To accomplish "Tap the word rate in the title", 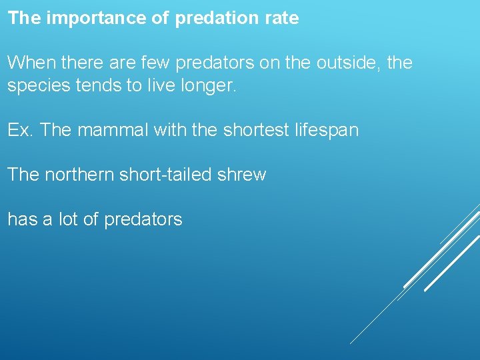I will (283, 18).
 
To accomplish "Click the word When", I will (31, 63).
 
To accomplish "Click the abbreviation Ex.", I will (20, 130).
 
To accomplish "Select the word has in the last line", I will (22, 219).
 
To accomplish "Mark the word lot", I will (69, 219).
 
